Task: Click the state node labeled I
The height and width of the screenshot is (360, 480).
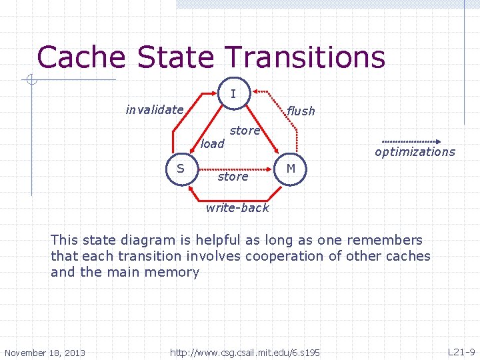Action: pyautogui.click(x=233, y=94)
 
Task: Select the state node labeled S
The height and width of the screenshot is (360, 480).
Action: pyautogui.click(x=181, y=168)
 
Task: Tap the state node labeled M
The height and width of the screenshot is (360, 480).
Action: pyautogui.click(x=291, y=168)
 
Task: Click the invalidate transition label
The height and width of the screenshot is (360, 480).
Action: pyautogui.click(x=155, y=109)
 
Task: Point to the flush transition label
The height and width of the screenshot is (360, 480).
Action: pyautogui.click(x=301, y=111)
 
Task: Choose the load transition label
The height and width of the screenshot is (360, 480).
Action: pyautogui.click(x=213, y=143)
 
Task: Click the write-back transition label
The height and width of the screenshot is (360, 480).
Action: pyautogui.click(x=237, y=207)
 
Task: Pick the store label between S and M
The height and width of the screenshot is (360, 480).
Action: pyautogui.click(x=233, y=177)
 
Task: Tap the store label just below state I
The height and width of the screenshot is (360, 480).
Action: pyautogui.click(x=245, y=131)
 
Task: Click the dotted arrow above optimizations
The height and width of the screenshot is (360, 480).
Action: pyautogui.click(x=411, y=142)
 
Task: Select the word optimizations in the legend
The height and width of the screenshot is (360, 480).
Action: pyautogui.click(x=415, y=152)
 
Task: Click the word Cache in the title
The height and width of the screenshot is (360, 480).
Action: pyautogui.click(x=81, y=57)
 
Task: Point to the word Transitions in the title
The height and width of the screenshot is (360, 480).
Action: pyautogui.click(x=309, y=57)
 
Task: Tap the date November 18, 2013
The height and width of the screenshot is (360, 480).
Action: pyautogui.click(x=45, y=352)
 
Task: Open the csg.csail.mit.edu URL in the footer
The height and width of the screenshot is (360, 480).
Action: pyautogui.click(x=245, y=352)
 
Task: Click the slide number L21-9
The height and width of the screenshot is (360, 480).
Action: pyautogui.click(x=461, y=351)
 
